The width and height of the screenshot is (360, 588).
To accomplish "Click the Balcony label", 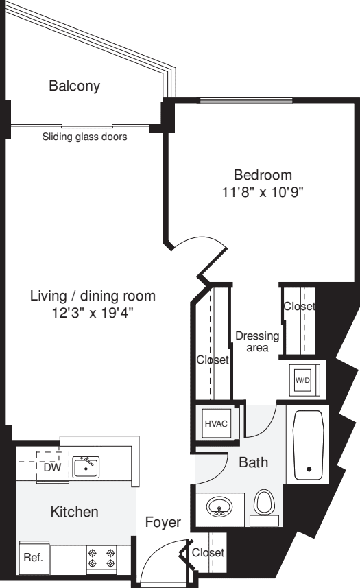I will [74, 86].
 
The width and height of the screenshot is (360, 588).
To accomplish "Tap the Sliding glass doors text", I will [84, 137].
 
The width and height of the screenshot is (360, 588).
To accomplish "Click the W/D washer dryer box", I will [302, 379].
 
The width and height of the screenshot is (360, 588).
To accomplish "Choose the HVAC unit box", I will [214, 423].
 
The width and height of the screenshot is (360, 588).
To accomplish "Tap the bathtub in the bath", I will [309, 445].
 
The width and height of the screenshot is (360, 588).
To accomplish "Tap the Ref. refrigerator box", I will [33, 558].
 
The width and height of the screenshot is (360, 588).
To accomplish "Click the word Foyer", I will [163, 523].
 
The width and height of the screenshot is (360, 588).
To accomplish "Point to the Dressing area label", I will [257, 341].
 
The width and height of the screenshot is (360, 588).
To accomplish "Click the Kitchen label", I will [74, 512].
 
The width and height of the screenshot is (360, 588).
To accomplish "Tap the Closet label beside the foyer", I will [208, 552].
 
